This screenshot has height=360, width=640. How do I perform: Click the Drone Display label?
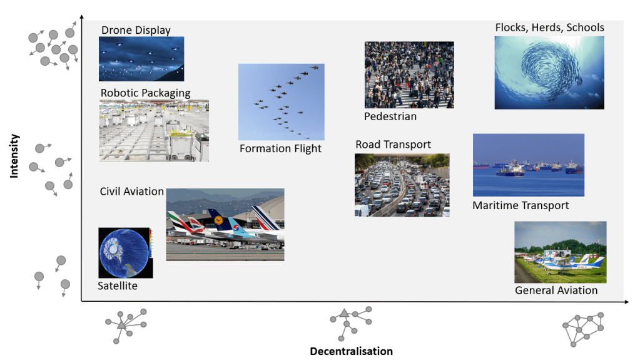(x=136, y=30)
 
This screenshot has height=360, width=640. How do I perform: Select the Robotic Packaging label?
(x=145, y=93)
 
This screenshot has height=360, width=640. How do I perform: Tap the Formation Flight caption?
(x=280, y=148)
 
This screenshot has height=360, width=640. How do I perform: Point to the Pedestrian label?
(x=390, y=116)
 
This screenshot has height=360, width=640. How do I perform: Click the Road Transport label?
(x=393, y=145)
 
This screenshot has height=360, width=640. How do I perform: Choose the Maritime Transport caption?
(x=521, y=205)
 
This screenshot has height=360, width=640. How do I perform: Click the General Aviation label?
(x=556, y=290)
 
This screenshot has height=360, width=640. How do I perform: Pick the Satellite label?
(x=117, y=286)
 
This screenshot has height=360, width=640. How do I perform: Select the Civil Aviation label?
(x=131, y=191)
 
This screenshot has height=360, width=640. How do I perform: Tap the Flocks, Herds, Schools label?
(x=549, y=28)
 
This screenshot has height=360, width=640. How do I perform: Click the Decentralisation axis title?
(x=351, y=351)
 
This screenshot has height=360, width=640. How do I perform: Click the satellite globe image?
(x=124, y=252)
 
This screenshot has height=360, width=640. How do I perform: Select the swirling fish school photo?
(x=549, y=73)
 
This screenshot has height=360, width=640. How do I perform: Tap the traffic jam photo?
(x=402, y=185)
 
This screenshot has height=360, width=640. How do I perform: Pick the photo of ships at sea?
(x=528, y=165)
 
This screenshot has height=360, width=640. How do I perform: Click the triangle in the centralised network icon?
(x=122, y=326)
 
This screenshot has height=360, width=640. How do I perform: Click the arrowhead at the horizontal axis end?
(x=626, y=302)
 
